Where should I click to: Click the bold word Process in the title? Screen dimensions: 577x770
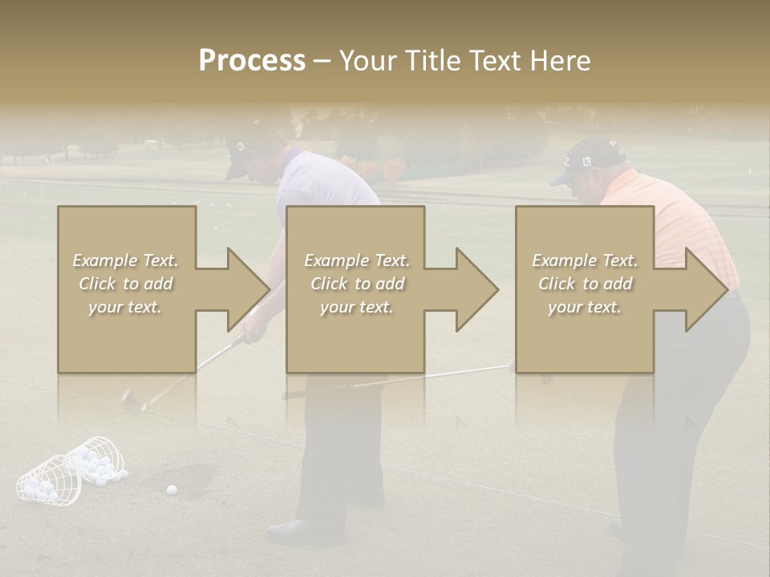coord(252,61)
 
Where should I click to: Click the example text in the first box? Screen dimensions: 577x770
coord(125,284)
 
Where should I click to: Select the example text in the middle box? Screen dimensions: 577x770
coord(356,284)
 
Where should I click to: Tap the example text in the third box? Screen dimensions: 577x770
coord(584,284)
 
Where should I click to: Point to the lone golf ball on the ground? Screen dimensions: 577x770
coord(171,490)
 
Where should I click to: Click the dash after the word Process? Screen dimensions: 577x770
coord(322,62)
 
